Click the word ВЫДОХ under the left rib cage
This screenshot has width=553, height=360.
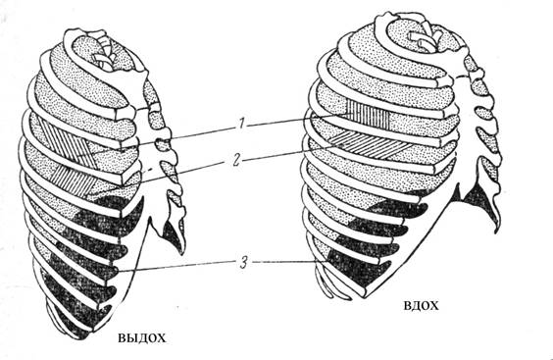click(x=141, y=338)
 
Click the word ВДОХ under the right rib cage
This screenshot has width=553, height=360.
click(x=421, y=306)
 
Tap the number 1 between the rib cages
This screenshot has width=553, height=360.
click(x=241, y=125)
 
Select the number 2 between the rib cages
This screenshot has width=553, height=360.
click(x=236, y=160)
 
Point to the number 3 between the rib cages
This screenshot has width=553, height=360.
click(x=244, y=263)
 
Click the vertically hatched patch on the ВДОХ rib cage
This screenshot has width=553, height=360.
click(x=369, y=114)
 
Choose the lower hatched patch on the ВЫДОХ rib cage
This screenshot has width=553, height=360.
click(x=74, y=181)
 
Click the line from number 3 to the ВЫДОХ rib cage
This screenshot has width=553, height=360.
click(x=176, y=267)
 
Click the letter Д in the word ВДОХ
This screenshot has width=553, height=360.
click(x=416, y=306)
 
